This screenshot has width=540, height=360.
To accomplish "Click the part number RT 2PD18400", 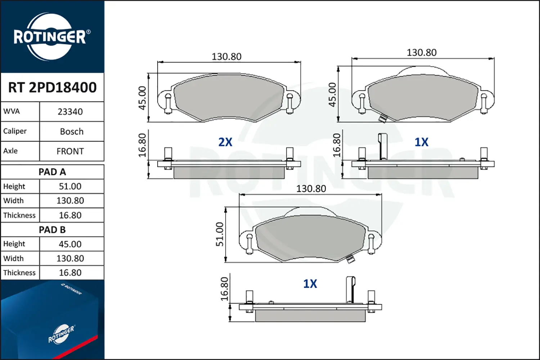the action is [52, 87].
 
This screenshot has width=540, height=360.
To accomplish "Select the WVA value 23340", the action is [70, 112].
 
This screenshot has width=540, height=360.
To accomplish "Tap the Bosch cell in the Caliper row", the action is [72, 131].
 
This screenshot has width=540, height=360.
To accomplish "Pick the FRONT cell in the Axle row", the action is [70, 151].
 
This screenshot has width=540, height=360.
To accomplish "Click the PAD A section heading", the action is [52, 172].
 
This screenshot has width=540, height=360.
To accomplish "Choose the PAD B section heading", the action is [52, 230].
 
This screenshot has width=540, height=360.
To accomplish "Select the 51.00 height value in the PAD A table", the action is [70, 186].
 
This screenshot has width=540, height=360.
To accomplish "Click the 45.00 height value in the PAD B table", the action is [70, 244].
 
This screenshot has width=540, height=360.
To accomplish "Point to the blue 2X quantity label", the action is [225, 142].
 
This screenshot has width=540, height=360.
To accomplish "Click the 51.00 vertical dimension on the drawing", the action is [220, 234].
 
